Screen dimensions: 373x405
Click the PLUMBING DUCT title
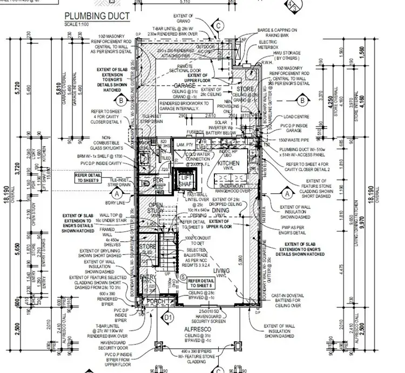tap(97, 16)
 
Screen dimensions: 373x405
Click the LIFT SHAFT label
tap(187, 181)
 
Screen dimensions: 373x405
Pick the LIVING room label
tap(222, 270)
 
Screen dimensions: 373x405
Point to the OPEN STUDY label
tap(157, 208)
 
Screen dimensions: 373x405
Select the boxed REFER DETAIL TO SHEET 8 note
tap(201, 282)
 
